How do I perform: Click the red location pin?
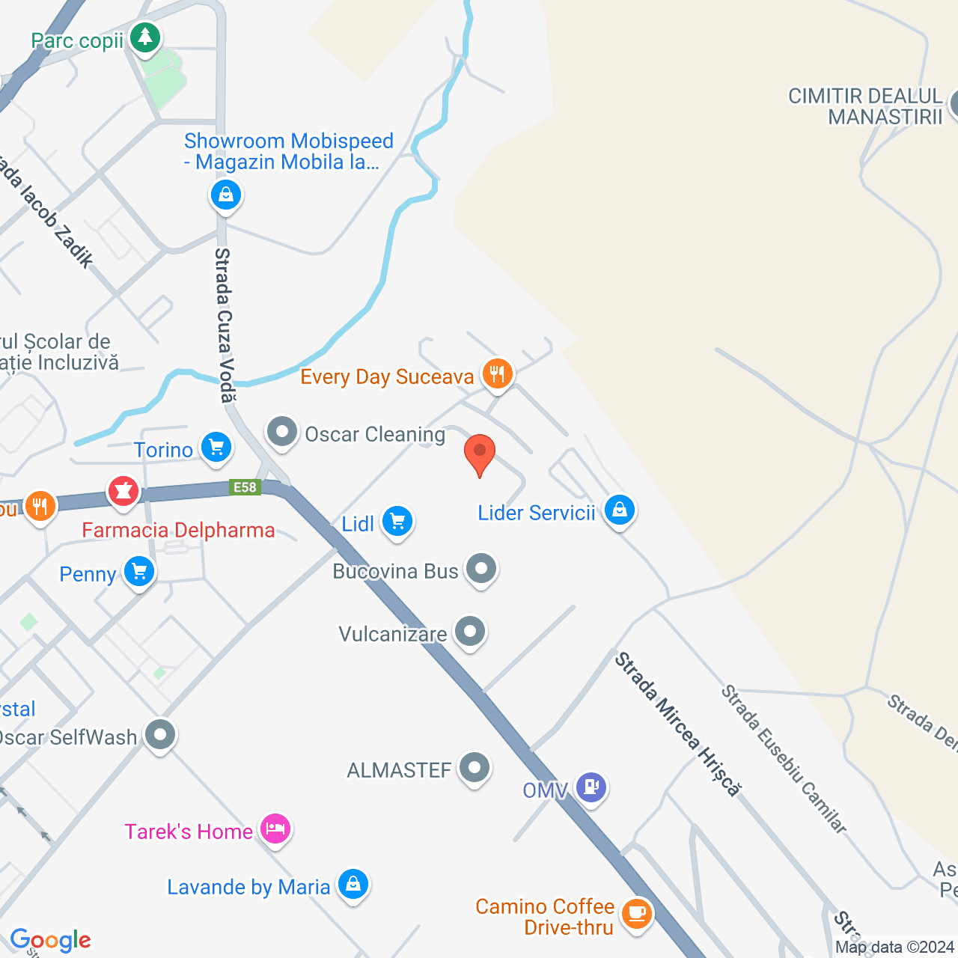point(480,454)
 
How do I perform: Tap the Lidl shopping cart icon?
point(397,521)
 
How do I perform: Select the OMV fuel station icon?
point(591,787)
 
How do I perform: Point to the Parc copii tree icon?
point(144,37)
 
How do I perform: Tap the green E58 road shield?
point(245,488)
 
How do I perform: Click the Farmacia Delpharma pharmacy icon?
point(123,491)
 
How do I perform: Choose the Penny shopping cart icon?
point(139,572)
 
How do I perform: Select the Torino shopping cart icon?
point(216,448)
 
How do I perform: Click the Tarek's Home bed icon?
point(275,829)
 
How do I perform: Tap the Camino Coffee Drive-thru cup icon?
point(636,913)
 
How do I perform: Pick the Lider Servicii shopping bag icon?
point(619,510)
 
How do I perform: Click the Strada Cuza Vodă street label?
point(225,325)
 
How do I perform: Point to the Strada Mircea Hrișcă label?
point(678,723)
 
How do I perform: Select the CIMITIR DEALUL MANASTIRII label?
point(865,106)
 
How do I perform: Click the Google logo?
point(51,940)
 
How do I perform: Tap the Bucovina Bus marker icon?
point(481,569)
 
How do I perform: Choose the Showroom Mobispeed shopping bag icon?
point(225,195)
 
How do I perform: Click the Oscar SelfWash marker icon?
point(159,735)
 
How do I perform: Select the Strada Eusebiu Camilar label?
point(784,759)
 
